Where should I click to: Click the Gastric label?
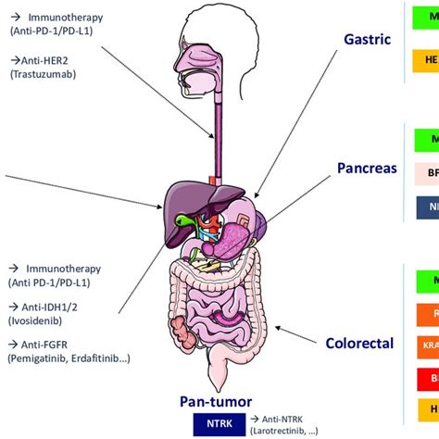click(368, 41)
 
